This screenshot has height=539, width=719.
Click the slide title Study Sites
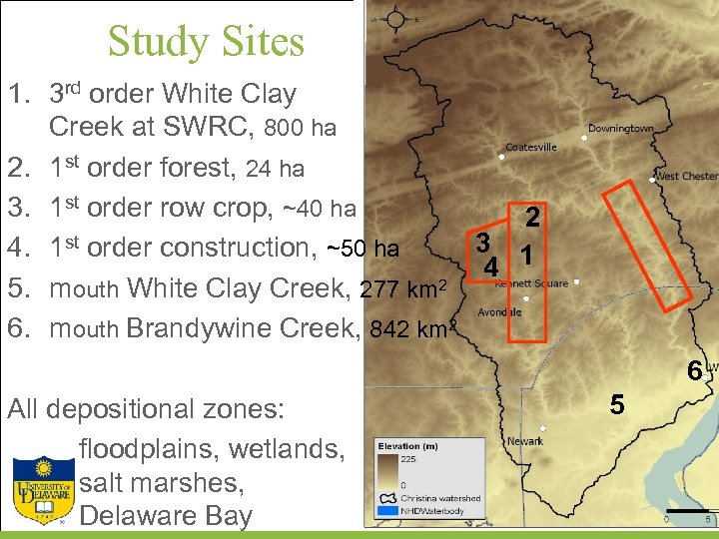click(205, 42)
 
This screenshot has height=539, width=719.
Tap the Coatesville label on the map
click(531, 147)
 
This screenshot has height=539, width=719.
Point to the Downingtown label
click(620, 129)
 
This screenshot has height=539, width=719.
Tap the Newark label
click(524, 440)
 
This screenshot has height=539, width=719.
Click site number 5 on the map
click(617, 405)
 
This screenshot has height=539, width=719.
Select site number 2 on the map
click(533, 218)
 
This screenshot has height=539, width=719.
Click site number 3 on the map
click(481, 243)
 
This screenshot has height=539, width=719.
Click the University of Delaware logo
click(42, 489)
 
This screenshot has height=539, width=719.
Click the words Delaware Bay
click(165, 515)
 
